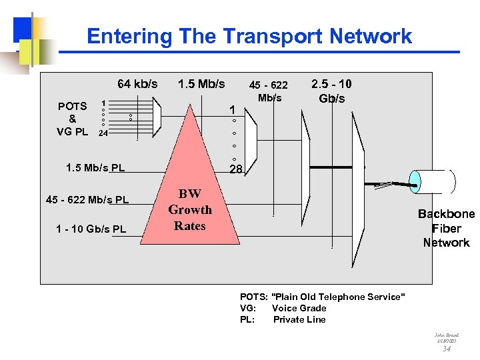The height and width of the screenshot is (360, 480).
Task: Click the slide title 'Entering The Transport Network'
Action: (249, 36)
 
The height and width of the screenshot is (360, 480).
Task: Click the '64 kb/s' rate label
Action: (137, 84)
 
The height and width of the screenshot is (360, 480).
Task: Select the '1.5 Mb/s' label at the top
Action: (201, 84)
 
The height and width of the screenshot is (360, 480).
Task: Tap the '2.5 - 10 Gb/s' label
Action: (331, 91)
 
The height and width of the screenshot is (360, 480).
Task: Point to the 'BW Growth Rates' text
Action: (190, 210)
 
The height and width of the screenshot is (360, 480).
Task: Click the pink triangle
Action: (190, 167)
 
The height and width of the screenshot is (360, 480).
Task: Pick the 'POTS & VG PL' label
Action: (72, 119)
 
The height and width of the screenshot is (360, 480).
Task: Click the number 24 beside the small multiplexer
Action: (103, 133)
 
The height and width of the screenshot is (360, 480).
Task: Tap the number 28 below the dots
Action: (236, 170)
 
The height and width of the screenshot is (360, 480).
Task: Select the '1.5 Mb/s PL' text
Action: (95, 167)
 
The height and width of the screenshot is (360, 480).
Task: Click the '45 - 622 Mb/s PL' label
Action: (87, 199)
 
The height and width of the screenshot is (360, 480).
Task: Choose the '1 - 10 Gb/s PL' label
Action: (91, 229)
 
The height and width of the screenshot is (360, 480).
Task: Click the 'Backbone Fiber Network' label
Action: (446, 228)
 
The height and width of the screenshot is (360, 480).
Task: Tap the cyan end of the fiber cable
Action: (415, 181)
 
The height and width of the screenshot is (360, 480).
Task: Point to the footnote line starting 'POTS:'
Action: (322, 297)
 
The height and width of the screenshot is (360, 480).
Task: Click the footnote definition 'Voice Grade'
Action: (299, 308)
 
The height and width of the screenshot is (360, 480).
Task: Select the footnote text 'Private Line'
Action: (299, 319)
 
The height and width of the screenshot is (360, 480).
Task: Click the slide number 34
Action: (447, 348)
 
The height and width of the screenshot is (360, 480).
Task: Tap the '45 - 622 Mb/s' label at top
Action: (268, 91)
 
